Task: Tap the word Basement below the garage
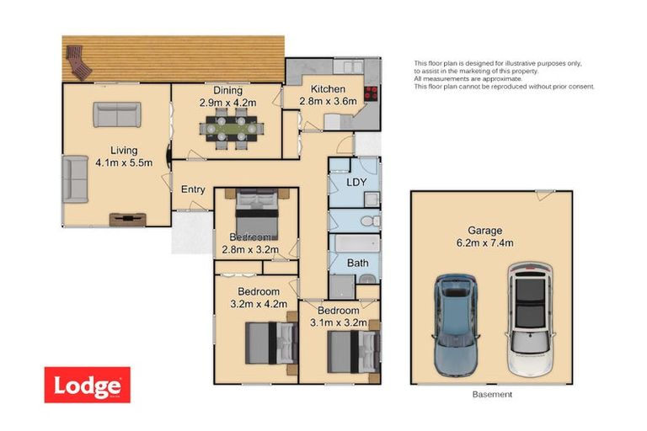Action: coord(494,394)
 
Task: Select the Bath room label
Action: coord(358,263)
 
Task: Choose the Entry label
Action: coord(193,189)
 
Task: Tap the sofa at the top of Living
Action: coord(116,114)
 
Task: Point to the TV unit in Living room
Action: coord(127,219)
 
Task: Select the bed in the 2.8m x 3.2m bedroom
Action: coord(256,213)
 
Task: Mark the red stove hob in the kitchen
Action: coord(371,95)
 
